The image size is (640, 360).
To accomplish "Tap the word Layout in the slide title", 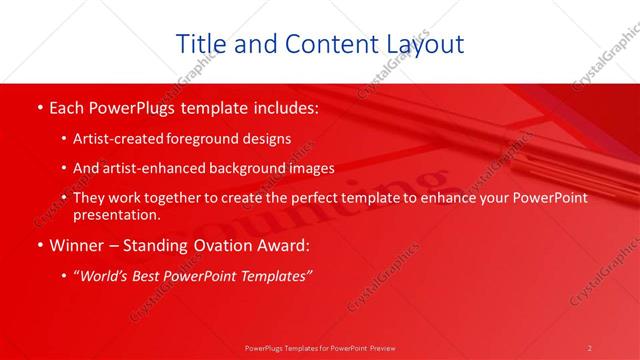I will pos(417,44).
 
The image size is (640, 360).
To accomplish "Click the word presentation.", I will pos(115,214).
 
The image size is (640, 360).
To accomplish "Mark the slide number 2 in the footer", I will pos(589,348).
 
